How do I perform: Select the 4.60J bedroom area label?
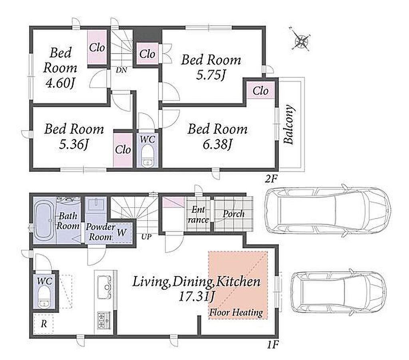pyautogui.click(x=60, y=84)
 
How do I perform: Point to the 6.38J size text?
pyautogui.click(x=218, y=144)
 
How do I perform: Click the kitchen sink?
pyautogui.click(x=104, y=287)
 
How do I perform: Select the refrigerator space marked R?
pyautogui.click(x=44, y=324)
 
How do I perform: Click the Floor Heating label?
pyautogui.click(x=236, y=312)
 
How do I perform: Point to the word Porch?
pyautogui.click(x=234, y=214)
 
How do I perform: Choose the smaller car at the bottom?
pyautogui.click(x=339, y=292)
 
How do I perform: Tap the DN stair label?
pyautogui.click(x=121, y=70)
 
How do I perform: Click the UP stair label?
pyautogui.click(x=146, y=237)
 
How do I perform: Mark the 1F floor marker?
pyautogui.click(x=273, y=345)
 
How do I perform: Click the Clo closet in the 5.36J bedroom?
pyautogui.click(x=123, y=150)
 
